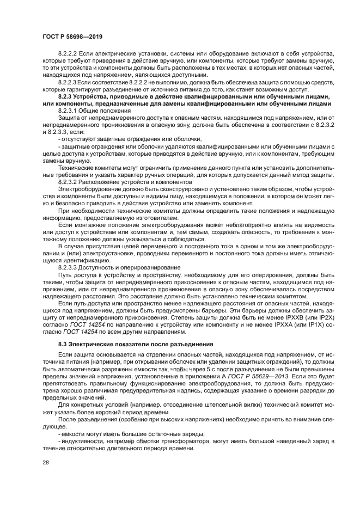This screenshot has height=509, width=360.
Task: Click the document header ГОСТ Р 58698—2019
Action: [72, 36]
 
